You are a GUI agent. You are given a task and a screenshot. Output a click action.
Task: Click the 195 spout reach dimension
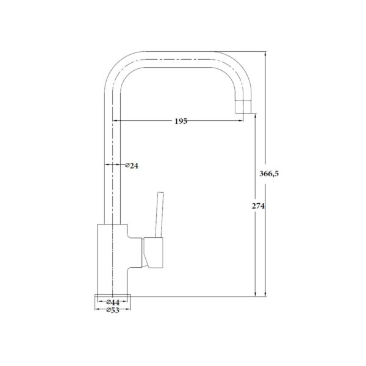(181, 121)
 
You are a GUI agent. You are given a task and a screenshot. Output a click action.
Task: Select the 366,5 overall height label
(269, 174)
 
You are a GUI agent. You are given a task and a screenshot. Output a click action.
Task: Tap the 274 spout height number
(258, 206)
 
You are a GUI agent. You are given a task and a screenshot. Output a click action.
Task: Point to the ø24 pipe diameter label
(132, 166)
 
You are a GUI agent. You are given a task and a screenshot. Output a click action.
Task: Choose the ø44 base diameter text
(113, 303)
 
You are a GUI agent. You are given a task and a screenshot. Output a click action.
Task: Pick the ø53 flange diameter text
(113, 310)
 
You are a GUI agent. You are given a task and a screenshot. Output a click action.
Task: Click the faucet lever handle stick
(159, 215)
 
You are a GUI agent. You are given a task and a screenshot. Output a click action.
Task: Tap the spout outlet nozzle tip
(243, 107)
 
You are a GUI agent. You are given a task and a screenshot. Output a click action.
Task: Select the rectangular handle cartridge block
(153, 253)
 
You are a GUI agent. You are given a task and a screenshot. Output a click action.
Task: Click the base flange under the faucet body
(112, 296)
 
